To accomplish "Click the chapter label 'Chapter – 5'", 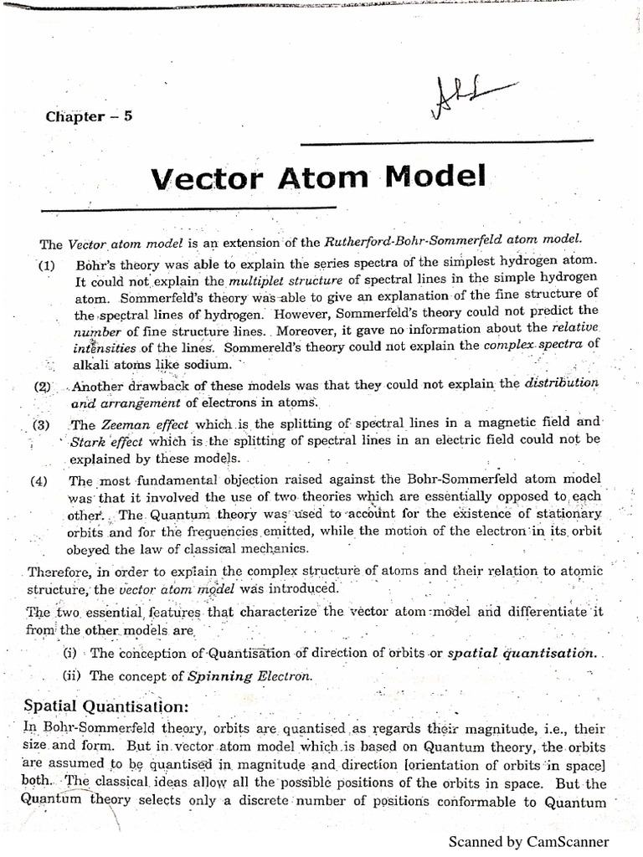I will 89,116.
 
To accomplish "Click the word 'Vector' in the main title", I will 212,177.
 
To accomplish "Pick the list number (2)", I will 43,387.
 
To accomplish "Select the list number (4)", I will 39,480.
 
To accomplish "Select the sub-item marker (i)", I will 71,653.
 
